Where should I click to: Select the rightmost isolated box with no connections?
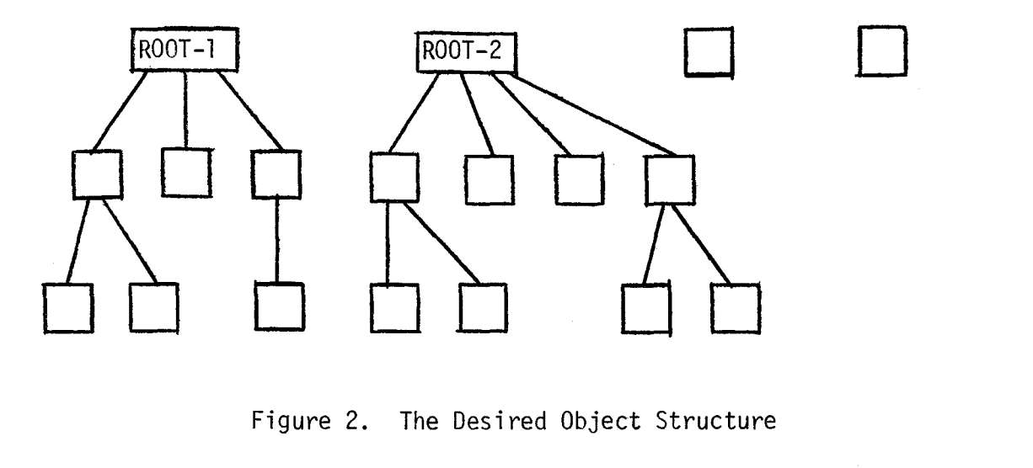click(880, 53)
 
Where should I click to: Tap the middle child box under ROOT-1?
click(185, 173)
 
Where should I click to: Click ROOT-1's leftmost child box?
click(97, 174)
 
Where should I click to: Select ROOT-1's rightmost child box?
click(276, 173)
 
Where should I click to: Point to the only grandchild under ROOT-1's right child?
click(279, 308)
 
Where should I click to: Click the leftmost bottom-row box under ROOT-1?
click(68, 309)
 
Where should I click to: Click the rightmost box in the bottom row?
click(735, 308)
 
